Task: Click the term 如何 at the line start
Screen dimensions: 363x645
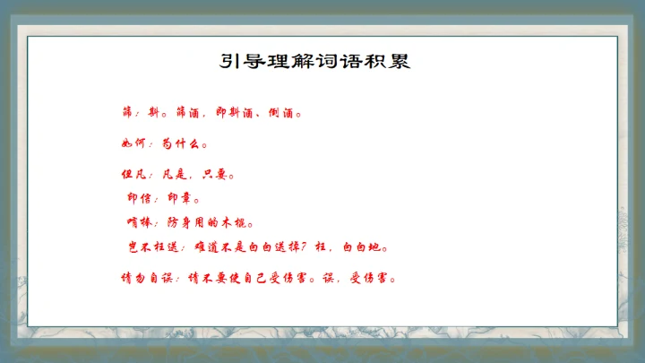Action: click(133, 143)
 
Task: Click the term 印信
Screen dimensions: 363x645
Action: click(140, 198)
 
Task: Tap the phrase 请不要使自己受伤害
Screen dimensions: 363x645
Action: click(250, 277)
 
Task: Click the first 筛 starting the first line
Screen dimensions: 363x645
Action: click(126, 114)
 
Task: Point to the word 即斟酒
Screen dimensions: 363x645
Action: click(236, 114)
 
